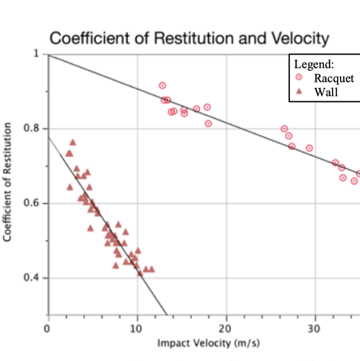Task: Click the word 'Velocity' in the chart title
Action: [300, 38]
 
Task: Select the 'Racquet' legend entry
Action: [334, 78]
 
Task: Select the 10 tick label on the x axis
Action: [137, 326]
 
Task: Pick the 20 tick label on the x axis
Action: [226, 326]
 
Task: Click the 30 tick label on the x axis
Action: [315, 326]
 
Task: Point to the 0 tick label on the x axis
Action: [48, 326]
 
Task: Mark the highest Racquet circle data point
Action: [162, 85]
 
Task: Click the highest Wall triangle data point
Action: [73, 142]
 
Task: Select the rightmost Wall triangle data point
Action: [152, 269]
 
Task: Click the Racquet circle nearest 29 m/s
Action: [309, 148]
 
